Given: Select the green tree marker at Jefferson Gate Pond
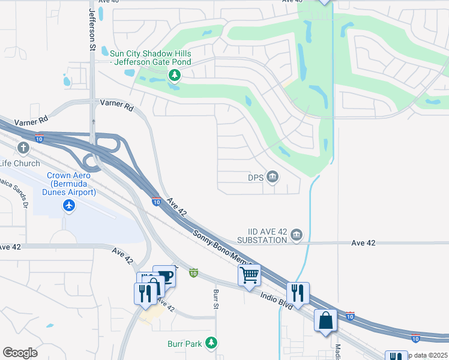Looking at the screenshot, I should [174, 75].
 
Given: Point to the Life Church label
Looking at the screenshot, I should [20, 163].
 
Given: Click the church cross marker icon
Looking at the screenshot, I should [23, 148].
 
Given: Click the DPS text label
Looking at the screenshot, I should [256, 177].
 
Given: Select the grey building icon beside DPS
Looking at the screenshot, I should [273, 176].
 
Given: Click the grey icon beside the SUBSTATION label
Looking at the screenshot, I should [297, 236].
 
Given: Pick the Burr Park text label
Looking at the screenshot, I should [184, 344].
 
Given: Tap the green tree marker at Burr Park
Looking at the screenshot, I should [211, 343].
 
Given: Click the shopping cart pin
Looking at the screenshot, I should [249, 275].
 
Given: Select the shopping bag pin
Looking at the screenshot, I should [325, 320].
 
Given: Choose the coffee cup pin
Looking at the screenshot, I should [164, 276].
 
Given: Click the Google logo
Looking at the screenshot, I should [20, 353].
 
